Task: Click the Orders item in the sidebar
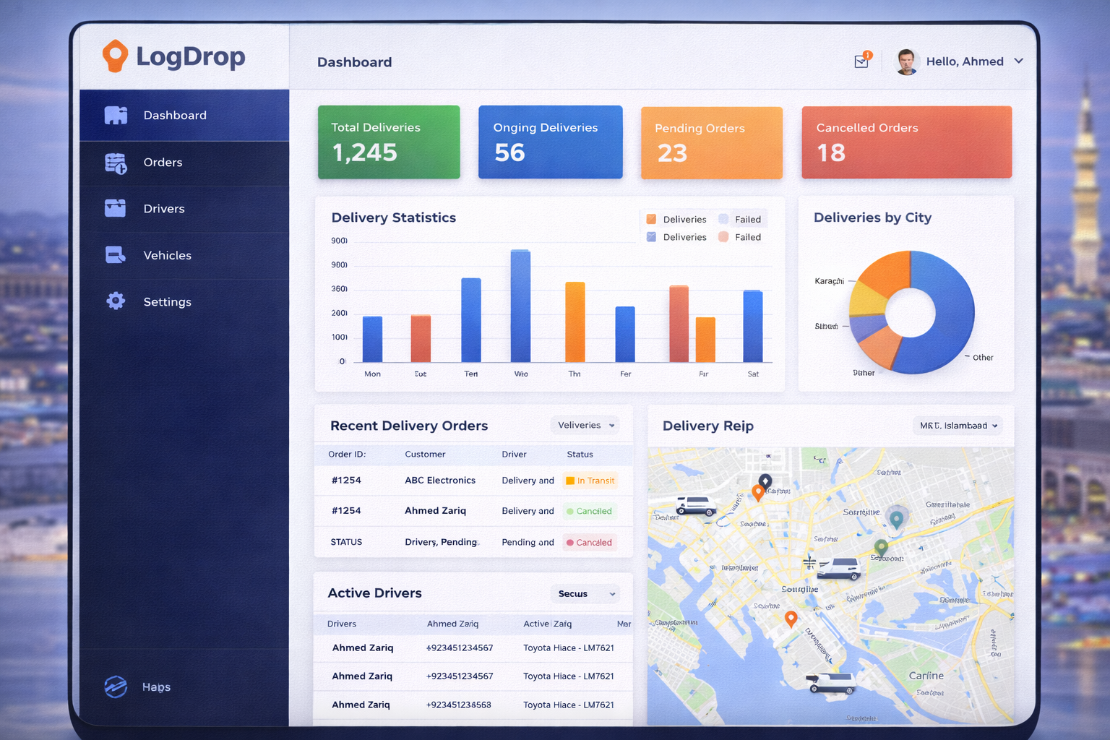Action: [x=163, y=163]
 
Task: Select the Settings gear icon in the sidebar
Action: [x=116, y=301]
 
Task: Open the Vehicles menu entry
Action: [x=167, y=255]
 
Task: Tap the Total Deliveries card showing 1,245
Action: [x=389, y=142]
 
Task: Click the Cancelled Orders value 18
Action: [x=831, y=153]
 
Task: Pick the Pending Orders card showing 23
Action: [x=711, y=143]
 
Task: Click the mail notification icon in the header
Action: [x=861, y=61]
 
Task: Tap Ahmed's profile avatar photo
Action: [x=906, y=62]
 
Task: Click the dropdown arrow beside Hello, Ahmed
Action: [x=1019, y=61]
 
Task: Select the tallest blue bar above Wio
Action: [x=520, y=306]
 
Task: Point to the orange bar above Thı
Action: [x=575, y=322]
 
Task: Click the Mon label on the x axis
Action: [x=372, y=374]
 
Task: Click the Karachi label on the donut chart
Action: [x=829, y=281]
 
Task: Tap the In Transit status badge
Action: [x=590, y=481]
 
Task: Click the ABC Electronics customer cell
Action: [x=440, y=481]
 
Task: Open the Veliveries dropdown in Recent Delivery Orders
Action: [x=585, y=425]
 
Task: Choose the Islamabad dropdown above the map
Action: [x=958, y=426]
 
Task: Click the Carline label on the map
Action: [x=926, y=676]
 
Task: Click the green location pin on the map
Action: [x=881, y=547]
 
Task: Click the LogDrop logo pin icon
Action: [x=115, y=56]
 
